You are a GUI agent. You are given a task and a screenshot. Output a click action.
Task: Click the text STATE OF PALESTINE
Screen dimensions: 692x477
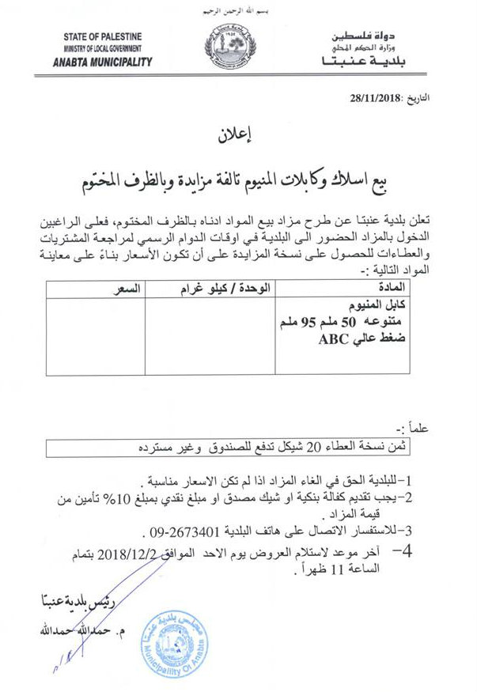[x=103, y=37]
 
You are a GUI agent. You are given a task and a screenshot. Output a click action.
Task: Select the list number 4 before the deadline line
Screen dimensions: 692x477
[x=407, y=558]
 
